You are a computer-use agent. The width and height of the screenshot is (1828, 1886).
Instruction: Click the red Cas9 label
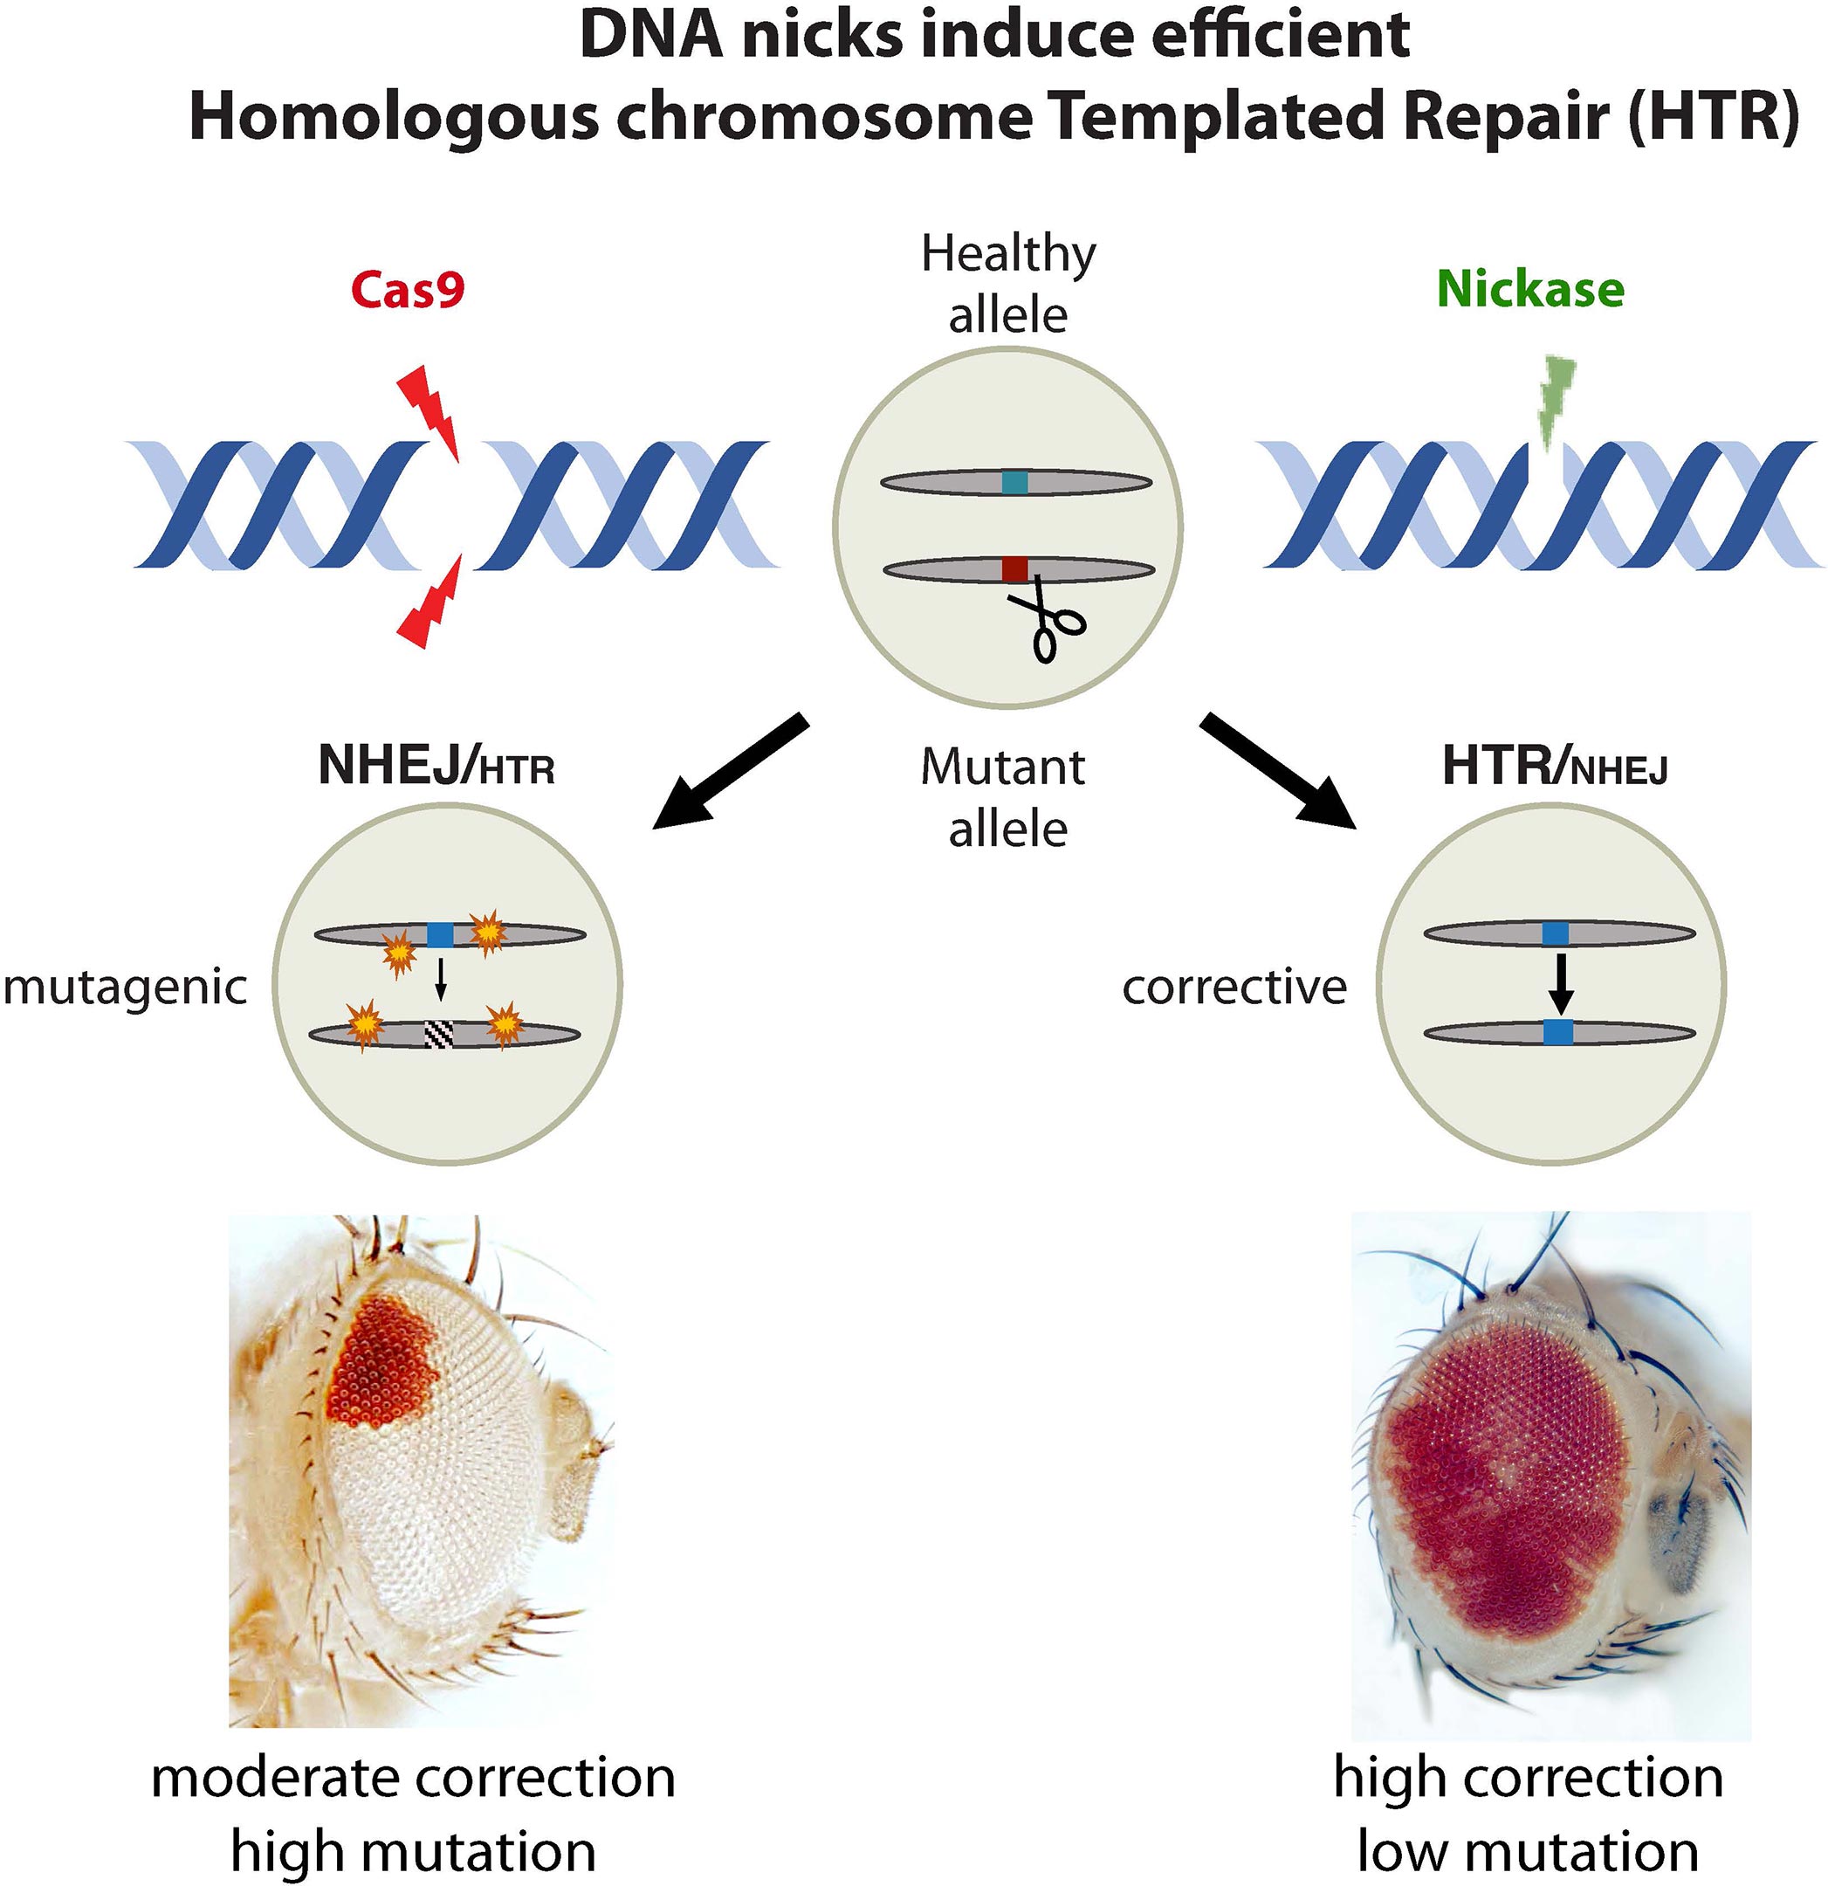pos(407,290)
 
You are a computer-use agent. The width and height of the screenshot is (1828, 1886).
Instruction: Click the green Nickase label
pos(1529,290)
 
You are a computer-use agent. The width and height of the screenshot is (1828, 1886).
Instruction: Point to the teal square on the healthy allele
pos(1015,482)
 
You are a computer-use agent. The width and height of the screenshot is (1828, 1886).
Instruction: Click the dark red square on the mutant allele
pos(1015,569)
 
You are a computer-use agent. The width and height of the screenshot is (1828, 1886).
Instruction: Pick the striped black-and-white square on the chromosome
pos(439,1034)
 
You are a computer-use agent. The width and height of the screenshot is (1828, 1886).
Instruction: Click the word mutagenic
pos(125,988)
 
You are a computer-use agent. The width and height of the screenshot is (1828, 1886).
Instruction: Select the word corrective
pos(1234,988)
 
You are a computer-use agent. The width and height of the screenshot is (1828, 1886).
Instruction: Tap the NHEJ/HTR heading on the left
pos(436,767)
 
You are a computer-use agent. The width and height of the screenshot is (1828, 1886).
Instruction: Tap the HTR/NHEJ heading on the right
pos(1555,767)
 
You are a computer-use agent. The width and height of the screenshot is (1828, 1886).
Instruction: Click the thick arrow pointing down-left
pos(729,771)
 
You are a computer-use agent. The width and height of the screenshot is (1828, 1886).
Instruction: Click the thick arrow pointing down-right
pos(1278,771)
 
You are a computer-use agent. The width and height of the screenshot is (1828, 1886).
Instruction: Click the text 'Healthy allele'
pos(1008,284)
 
